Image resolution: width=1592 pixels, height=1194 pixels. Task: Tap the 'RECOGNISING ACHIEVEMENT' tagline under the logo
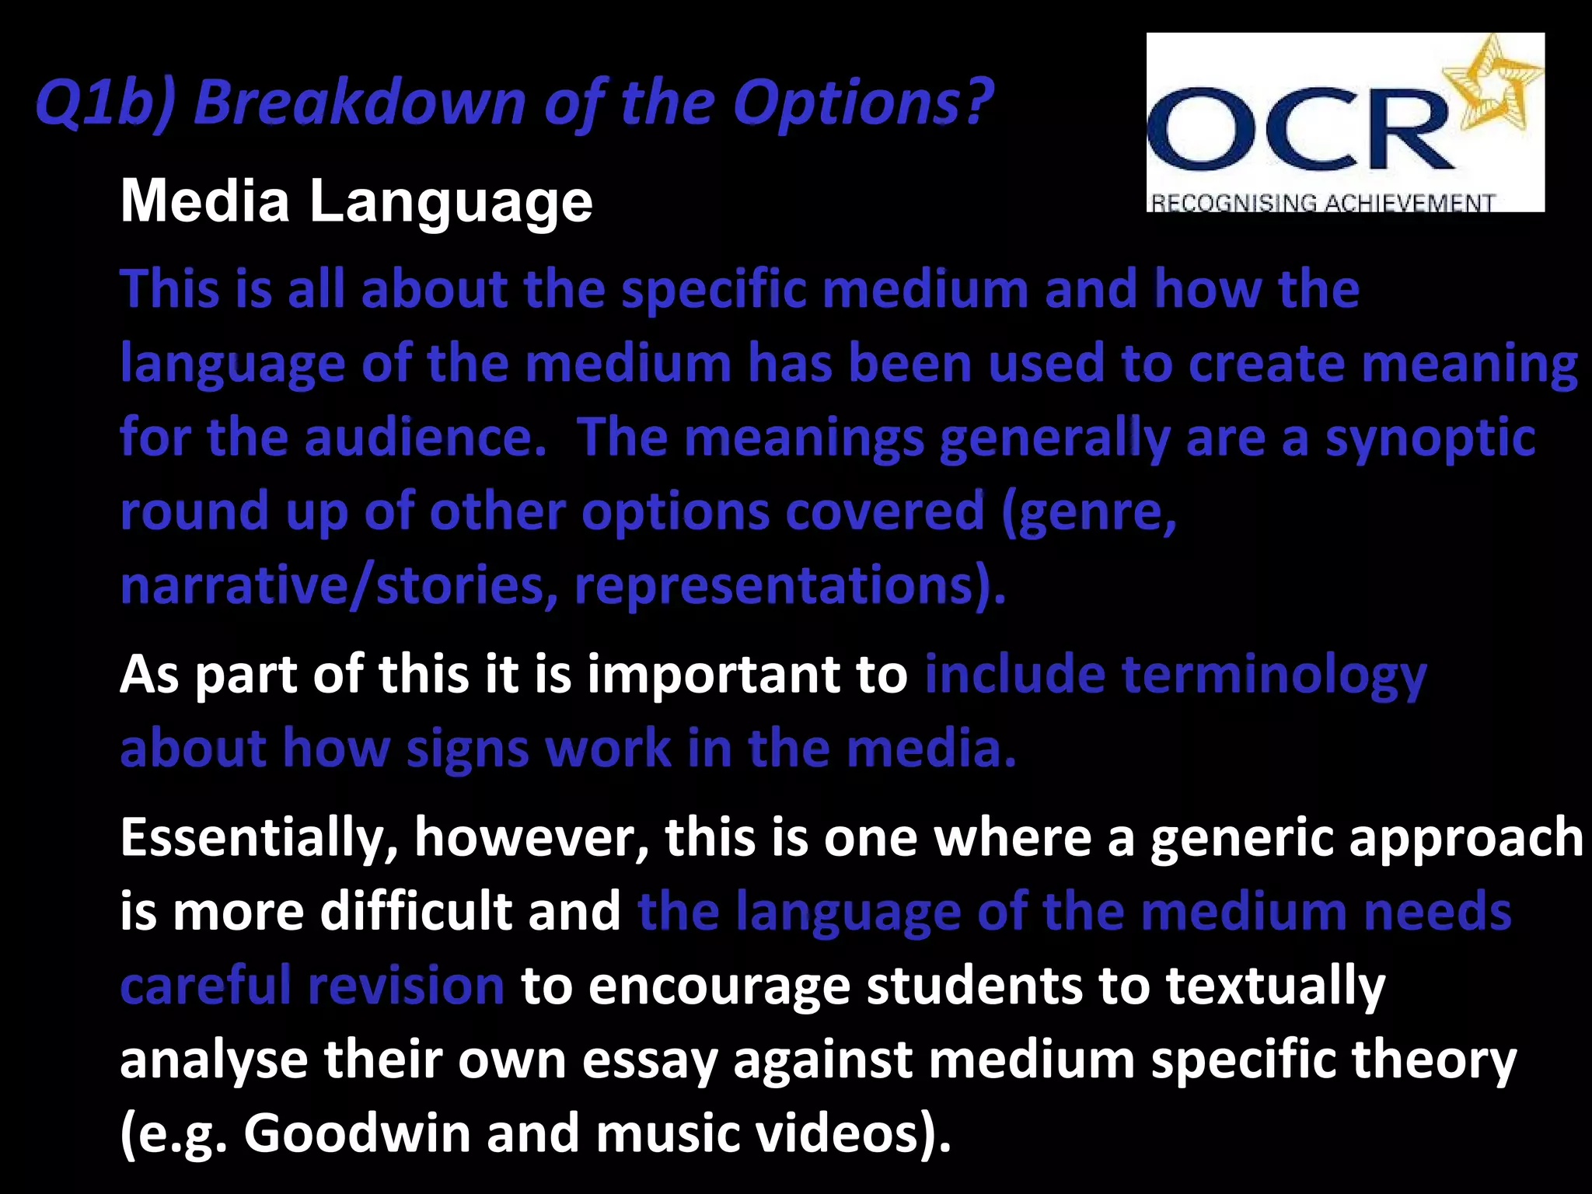(1321, 203)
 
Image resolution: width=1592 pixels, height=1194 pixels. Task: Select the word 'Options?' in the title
(863, 103)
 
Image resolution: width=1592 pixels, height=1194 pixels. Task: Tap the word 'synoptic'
(1430, 438)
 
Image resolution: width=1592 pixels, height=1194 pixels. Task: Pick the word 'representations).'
(790, 586)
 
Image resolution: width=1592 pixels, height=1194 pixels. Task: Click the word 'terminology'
(1275, 674)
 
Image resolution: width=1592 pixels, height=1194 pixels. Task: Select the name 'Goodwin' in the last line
(358, 1133)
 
